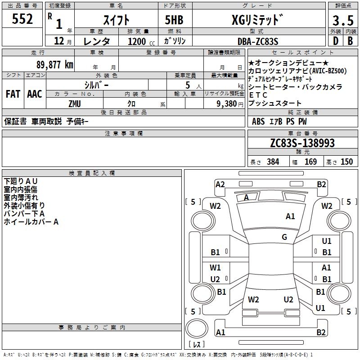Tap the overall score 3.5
coord(342,20)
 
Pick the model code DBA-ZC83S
coord(258,41)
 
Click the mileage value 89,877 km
coord(51,64)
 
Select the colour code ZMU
coord(74,103)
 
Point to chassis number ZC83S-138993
coord(302,144)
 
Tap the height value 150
coord(346,162)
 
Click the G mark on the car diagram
coord(284,237)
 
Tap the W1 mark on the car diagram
coord(215,268)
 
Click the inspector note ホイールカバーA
coord(31,221)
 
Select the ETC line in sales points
coord(258,95)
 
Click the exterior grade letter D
coord(334,41)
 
